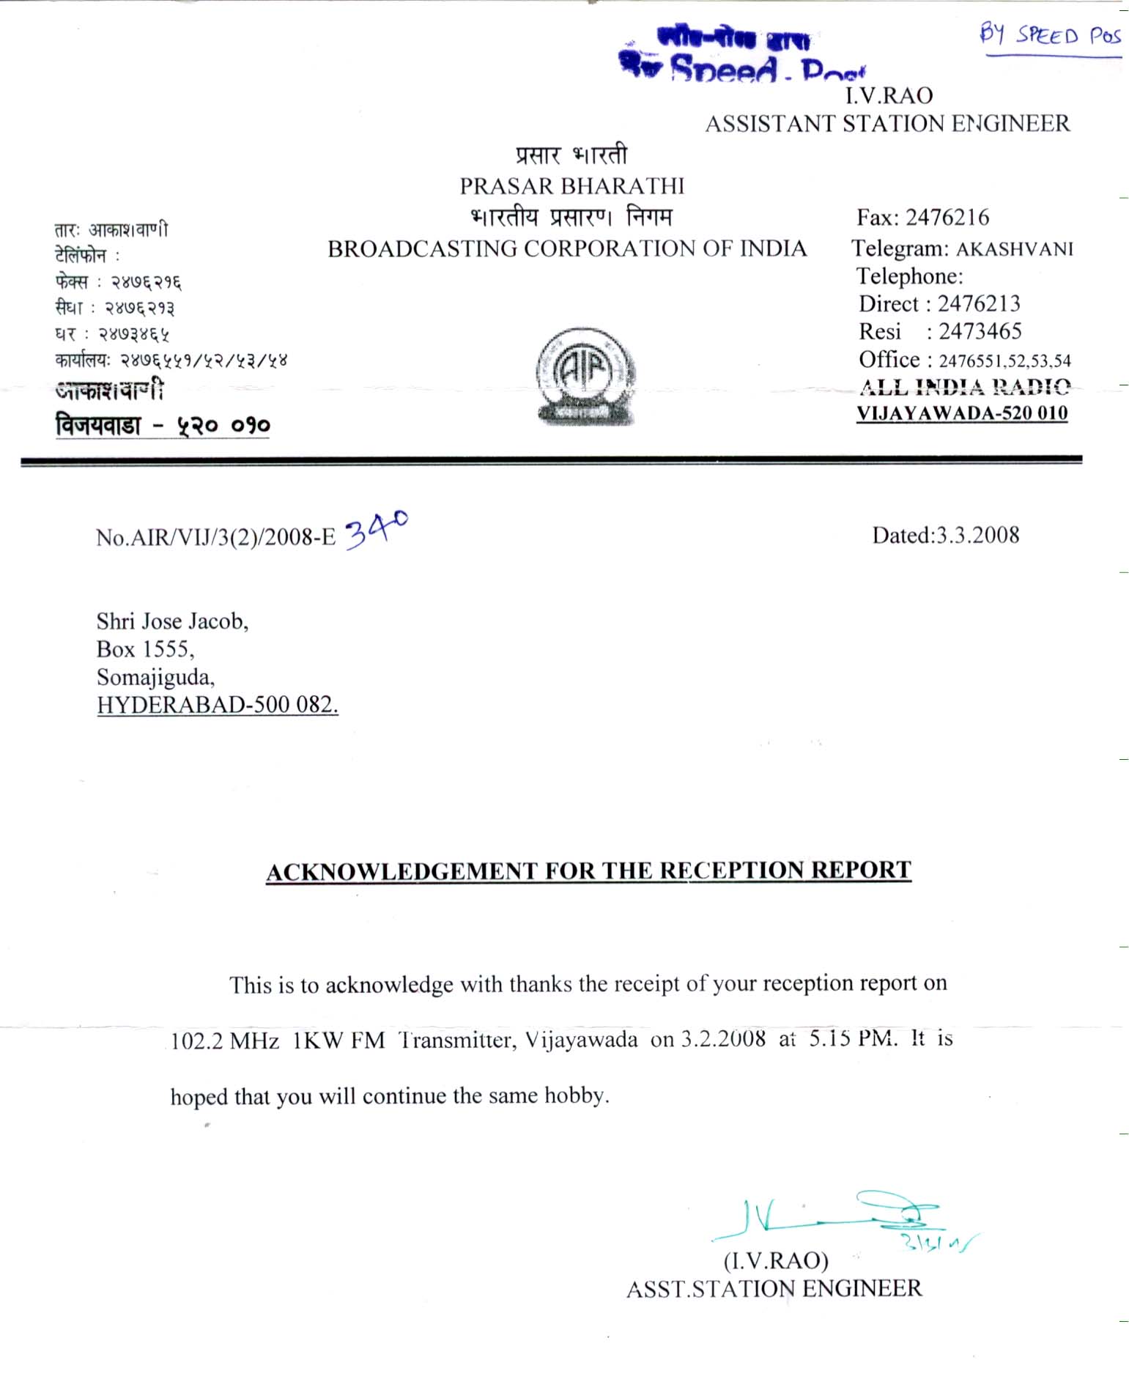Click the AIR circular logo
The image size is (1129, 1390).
pos(585,376)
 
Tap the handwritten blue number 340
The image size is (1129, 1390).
pos(376,529)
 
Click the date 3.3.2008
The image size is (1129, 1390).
pos(977,536)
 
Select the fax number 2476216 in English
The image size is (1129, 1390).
pos(947,218)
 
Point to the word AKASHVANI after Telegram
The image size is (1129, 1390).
pos(1015,249)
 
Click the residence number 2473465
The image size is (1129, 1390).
pos(980,332)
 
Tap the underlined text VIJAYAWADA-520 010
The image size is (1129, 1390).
pos(962,413)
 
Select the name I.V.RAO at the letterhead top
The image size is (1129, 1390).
pos(889,96)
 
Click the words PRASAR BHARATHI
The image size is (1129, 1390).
pos(572,186)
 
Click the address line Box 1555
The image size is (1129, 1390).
pos(145,649)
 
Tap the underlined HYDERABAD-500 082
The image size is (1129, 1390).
pos(218,705)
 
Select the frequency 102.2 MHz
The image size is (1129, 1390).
pos(225,1041)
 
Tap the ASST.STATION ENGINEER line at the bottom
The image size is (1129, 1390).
pos(774,1289)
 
